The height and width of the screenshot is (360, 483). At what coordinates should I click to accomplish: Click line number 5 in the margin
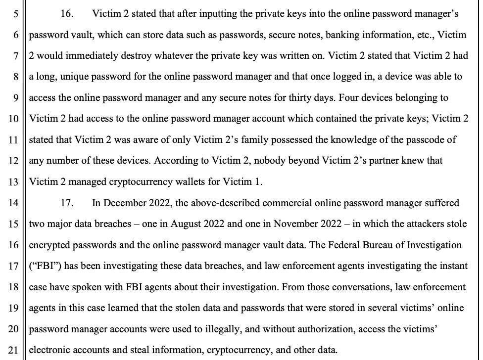tap(15, 14)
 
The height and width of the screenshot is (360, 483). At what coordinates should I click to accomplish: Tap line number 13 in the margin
tap(13, 182)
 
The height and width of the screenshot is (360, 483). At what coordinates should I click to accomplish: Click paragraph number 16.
tap(67, 14)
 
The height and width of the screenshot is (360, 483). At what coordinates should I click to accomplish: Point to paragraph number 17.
tap(67, 203)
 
